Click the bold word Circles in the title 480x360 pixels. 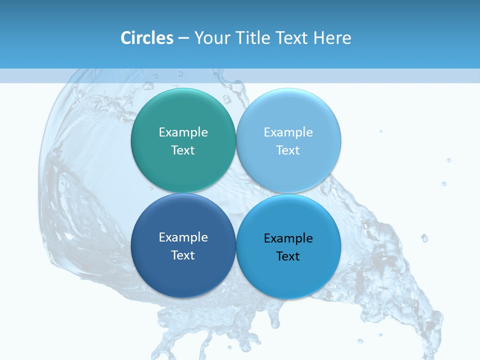[x=146, y=38]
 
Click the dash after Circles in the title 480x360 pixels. [x=183, y=38]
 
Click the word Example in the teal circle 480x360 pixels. [x=183, y=132]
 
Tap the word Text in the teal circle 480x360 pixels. [x=183, y=150]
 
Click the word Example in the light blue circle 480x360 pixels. [x=288, y=132]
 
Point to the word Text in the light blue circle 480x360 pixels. [x=288, y=150]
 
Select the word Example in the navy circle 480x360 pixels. [x=183, y=237]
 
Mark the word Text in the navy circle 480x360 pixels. [x=183, y=255]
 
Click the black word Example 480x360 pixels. [x=288, y=238]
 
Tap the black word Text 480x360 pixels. [x=288, y=256]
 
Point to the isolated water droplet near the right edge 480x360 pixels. [x=424, y=238]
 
